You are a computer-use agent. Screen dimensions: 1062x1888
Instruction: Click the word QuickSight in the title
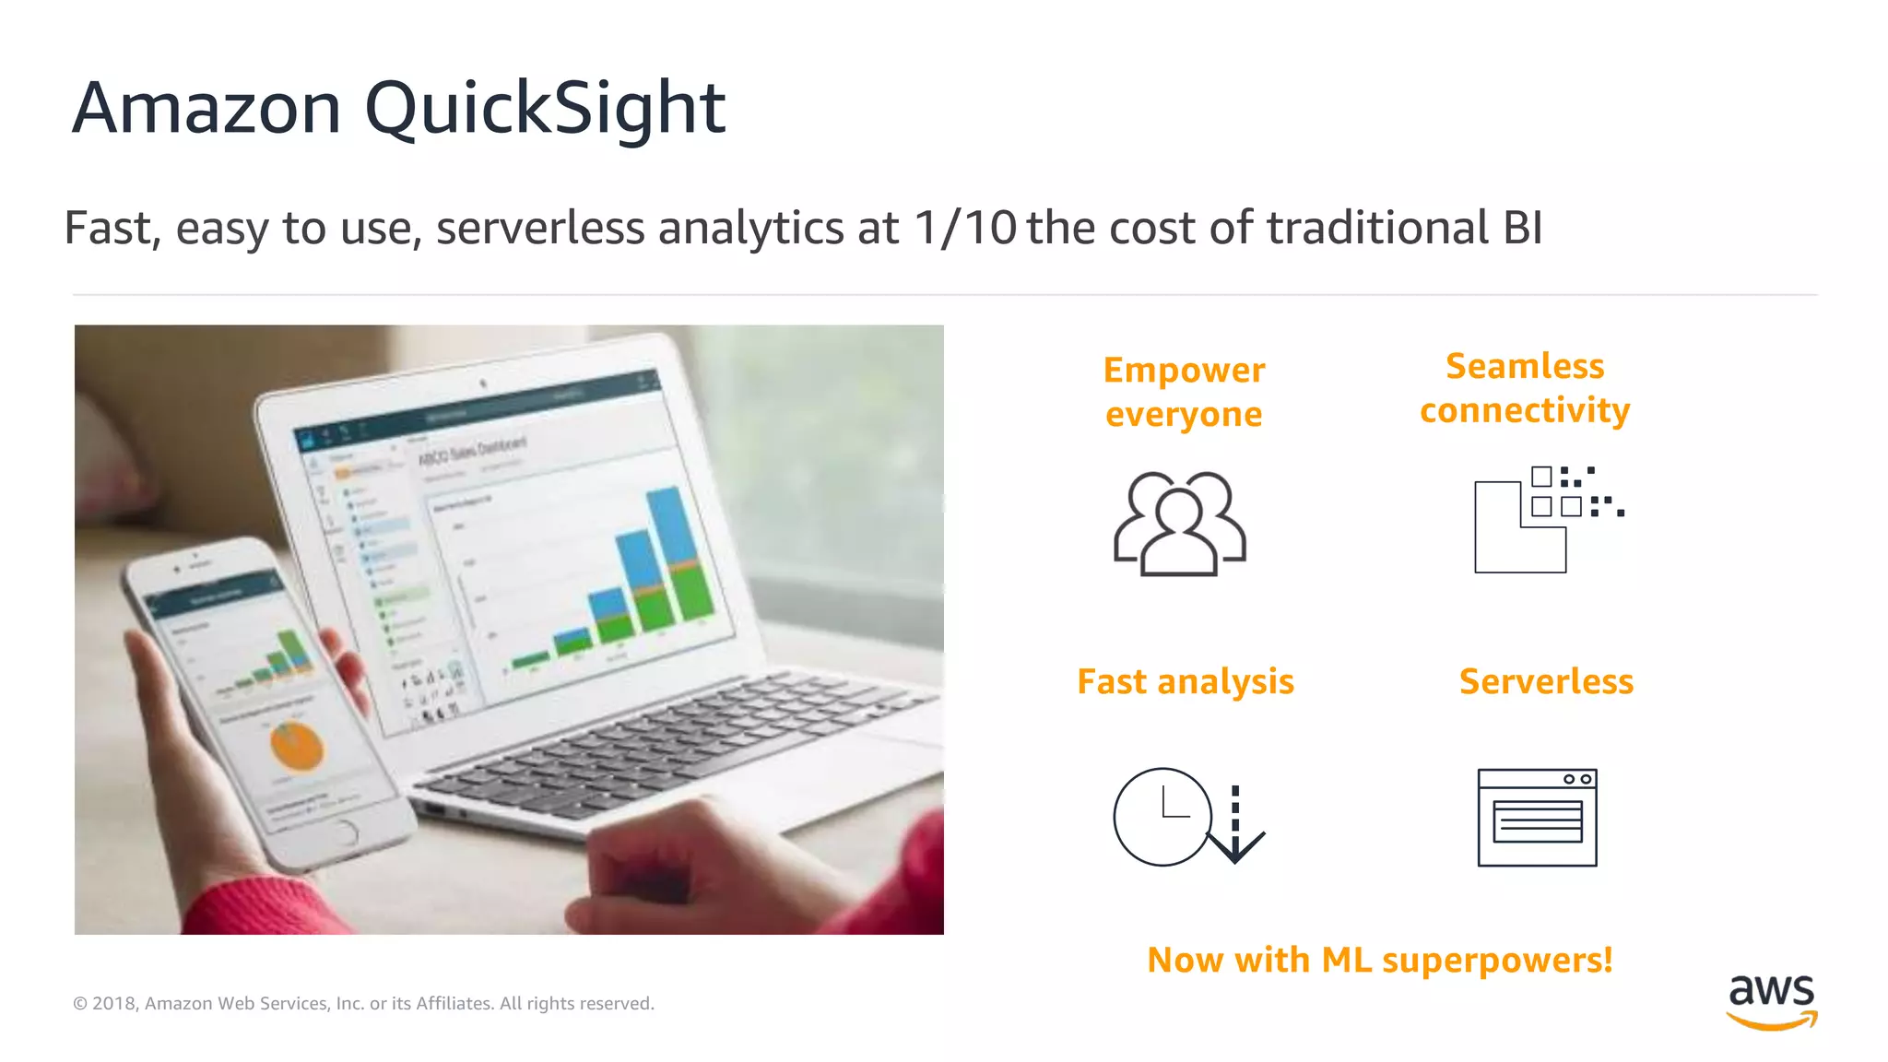[x=545, y=109]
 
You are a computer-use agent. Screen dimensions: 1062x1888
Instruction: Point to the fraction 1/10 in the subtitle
[x=964, y=228]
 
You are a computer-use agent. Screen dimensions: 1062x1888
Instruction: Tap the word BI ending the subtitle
[x=1522, y=228]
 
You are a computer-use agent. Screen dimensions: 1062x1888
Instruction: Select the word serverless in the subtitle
[x=540, y=228]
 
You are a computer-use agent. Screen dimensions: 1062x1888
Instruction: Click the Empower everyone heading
[x=1184, y=392]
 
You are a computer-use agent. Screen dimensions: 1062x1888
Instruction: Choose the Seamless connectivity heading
[x=1525, y=388]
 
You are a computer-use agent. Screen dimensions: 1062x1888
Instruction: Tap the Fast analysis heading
[x=1186, y=682]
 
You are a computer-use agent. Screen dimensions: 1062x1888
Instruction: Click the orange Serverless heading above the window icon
[x=1546, y=682]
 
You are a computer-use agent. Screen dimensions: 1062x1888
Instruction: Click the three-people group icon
[x=1180, y=524]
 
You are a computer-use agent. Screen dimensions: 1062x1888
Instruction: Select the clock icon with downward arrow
[x=1187, y=818]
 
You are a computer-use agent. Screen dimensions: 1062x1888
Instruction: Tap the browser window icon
[x=1537, y=818]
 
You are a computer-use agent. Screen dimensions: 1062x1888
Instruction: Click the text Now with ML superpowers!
[x=1379, y=961]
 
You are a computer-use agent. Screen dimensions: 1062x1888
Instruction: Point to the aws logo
[x=1771, y=1000]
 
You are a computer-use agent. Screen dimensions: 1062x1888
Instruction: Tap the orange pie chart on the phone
[x=297, y=745]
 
